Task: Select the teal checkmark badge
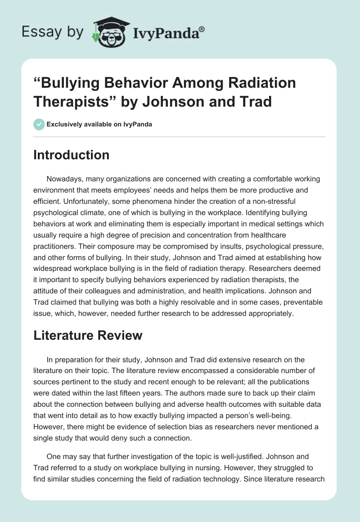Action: [39, 124]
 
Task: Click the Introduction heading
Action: [72, 155]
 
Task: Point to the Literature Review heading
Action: [88, 335]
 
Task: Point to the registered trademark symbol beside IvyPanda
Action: [202, 29]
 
